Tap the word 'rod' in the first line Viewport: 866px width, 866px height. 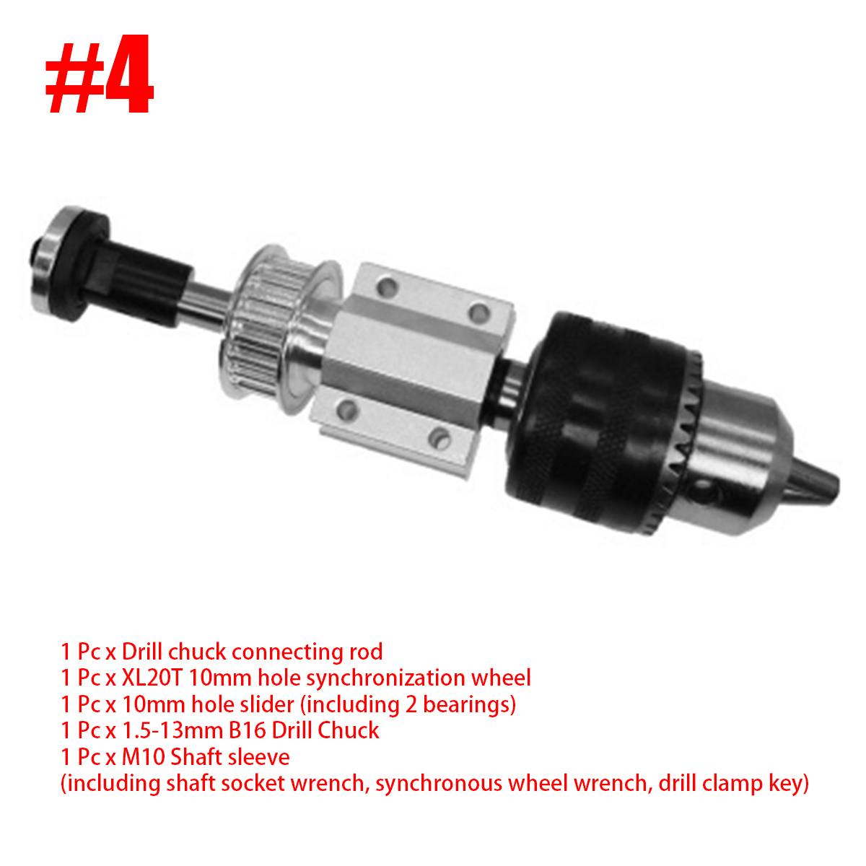366,652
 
